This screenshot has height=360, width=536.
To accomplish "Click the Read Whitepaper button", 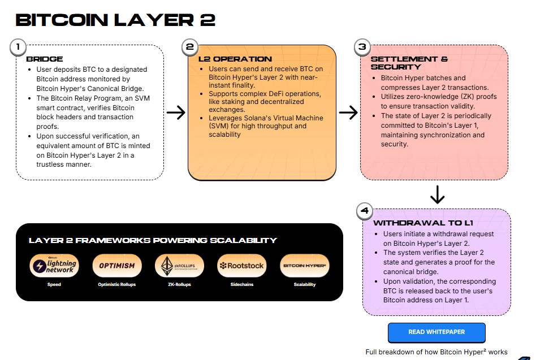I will [x=436, y=332].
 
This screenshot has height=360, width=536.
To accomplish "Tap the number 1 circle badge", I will [x=18, y=47].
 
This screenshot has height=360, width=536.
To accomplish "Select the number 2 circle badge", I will [x=190, y=47].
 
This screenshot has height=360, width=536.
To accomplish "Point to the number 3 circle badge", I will [x=362, y=47].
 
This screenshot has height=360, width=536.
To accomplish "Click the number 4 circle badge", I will [x=365, y=211].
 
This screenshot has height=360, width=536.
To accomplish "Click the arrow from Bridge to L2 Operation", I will [x=176, y=112].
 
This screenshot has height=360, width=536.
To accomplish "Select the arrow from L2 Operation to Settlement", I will [x=348, y=112].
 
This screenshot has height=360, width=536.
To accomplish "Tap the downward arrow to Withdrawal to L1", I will [x=437, y=195].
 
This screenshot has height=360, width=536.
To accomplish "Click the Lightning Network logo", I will [x=54, y=266].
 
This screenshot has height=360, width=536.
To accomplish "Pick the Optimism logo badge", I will [x=117, y=266].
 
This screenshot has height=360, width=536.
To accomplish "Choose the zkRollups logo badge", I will [x=179, y=266].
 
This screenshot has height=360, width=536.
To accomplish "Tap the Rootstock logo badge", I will [x=242, y=266].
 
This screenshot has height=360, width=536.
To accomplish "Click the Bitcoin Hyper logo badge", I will [x=305, y=266].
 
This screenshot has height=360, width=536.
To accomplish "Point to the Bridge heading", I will [x=45, y=59].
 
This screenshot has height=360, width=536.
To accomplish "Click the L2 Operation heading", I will [x=235, y=59].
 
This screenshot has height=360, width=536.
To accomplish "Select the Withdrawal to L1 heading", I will [x=423, y=223].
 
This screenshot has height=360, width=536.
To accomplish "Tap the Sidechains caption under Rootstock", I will [x=242, y=284].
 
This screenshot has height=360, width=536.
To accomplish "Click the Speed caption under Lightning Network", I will [x=54, y=284].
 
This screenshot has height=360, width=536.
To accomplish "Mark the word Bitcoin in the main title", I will [x=62, y=20].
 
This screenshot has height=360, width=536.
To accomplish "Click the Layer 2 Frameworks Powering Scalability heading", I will [x=153, y=240].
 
